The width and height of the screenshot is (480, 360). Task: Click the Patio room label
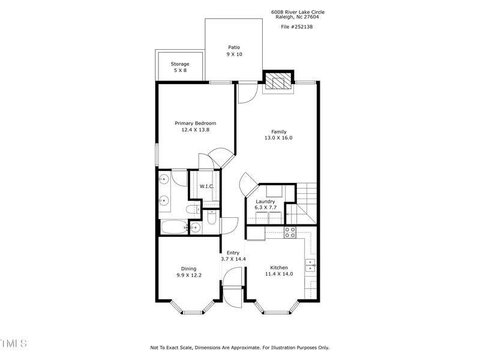pyautogui.click(x=234, y=47)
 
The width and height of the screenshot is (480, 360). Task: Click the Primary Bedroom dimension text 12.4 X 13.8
pyautogui.click(x=195, y=130)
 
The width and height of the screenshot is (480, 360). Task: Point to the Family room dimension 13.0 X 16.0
pyautogui.click(x=278, y=138)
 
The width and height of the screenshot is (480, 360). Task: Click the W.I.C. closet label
pyautogui.click(x=207, y=186)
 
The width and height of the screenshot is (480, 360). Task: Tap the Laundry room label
pyautogui.click(x=265, y=202)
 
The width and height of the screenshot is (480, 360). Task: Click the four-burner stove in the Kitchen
pyautogui.click(x=290, y=232)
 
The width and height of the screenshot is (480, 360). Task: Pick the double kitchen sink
pyautogui.click(x=310, y=264)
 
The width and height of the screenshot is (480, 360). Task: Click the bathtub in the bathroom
pyautogui.click(x=174, y=227)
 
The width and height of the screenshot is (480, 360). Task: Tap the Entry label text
pyautogui.click(x=233, y=253)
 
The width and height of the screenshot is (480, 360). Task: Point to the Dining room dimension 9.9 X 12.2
pyautogui.click(x=189, y=275)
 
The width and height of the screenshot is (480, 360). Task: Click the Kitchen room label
pyautogui.click(x=279, y=268)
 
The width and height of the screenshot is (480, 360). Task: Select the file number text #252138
pyautogui.click(x=296, y=26)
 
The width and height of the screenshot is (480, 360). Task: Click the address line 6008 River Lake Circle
pyautogui.click(x=298, y=12)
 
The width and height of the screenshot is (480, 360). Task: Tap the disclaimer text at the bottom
pyautogui.click(x=239, y=347)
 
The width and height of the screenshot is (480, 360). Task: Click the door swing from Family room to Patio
pyautogui.click(x=247, y=94)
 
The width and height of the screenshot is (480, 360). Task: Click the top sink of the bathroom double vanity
pyautogui.click(x=163, y=179)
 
